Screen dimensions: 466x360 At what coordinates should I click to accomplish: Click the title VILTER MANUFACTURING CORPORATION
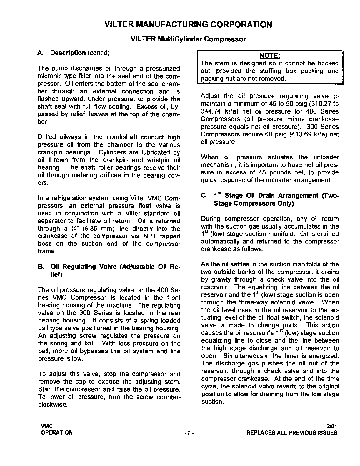[x=188, y=24]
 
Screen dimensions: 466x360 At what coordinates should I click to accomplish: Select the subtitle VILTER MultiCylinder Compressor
[x=188, y=39]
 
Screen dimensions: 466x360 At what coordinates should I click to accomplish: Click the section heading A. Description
[x=68, y=53]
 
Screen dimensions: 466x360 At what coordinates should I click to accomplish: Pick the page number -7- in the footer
[x=188, y=433]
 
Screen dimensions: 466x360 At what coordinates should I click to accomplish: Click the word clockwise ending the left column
[x=53, y=405]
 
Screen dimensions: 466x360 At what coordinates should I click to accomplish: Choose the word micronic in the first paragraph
[x=48, y=76]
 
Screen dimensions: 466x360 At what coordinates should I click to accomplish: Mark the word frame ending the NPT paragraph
[x=46, y=252]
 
